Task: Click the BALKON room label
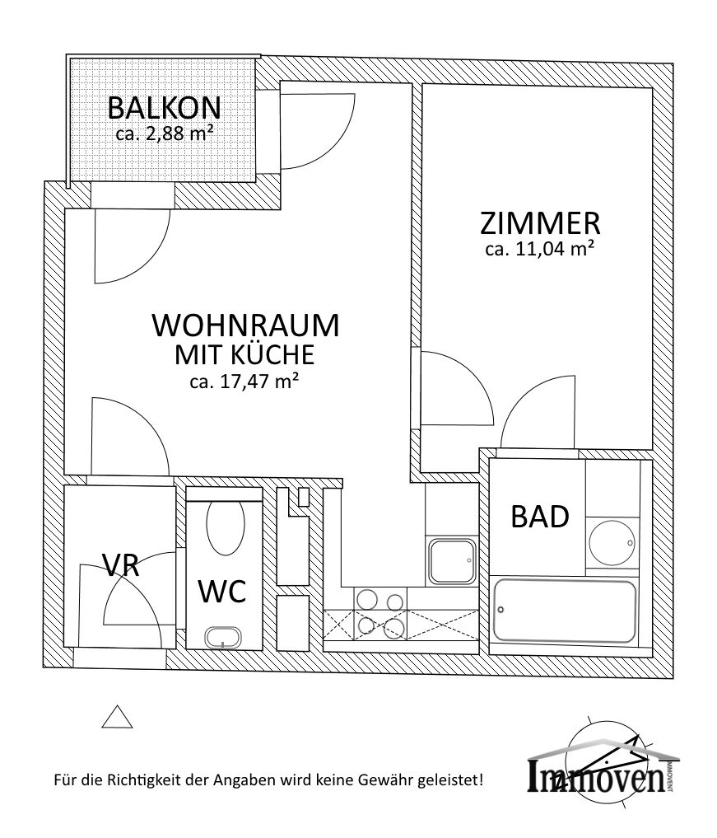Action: pos(164,108)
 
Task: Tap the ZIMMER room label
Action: pos(540,223)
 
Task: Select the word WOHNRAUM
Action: pos(245,325)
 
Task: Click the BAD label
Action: pos(540,517)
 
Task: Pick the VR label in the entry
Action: pos(120,565)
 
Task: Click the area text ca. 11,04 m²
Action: pos(540,250)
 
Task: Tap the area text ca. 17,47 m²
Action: pos(244,381)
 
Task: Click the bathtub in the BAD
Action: pos(564,611)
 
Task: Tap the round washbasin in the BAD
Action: pos(612,541)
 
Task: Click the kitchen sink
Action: pos(451,560)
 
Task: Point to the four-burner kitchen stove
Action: pos(379,614)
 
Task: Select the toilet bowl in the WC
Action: pos(226,527)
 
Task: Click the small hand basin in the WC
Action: pos(222,637)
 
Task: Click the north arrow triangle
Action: pos(117,718)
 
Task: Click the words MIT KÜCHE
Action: pos(244,355)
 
